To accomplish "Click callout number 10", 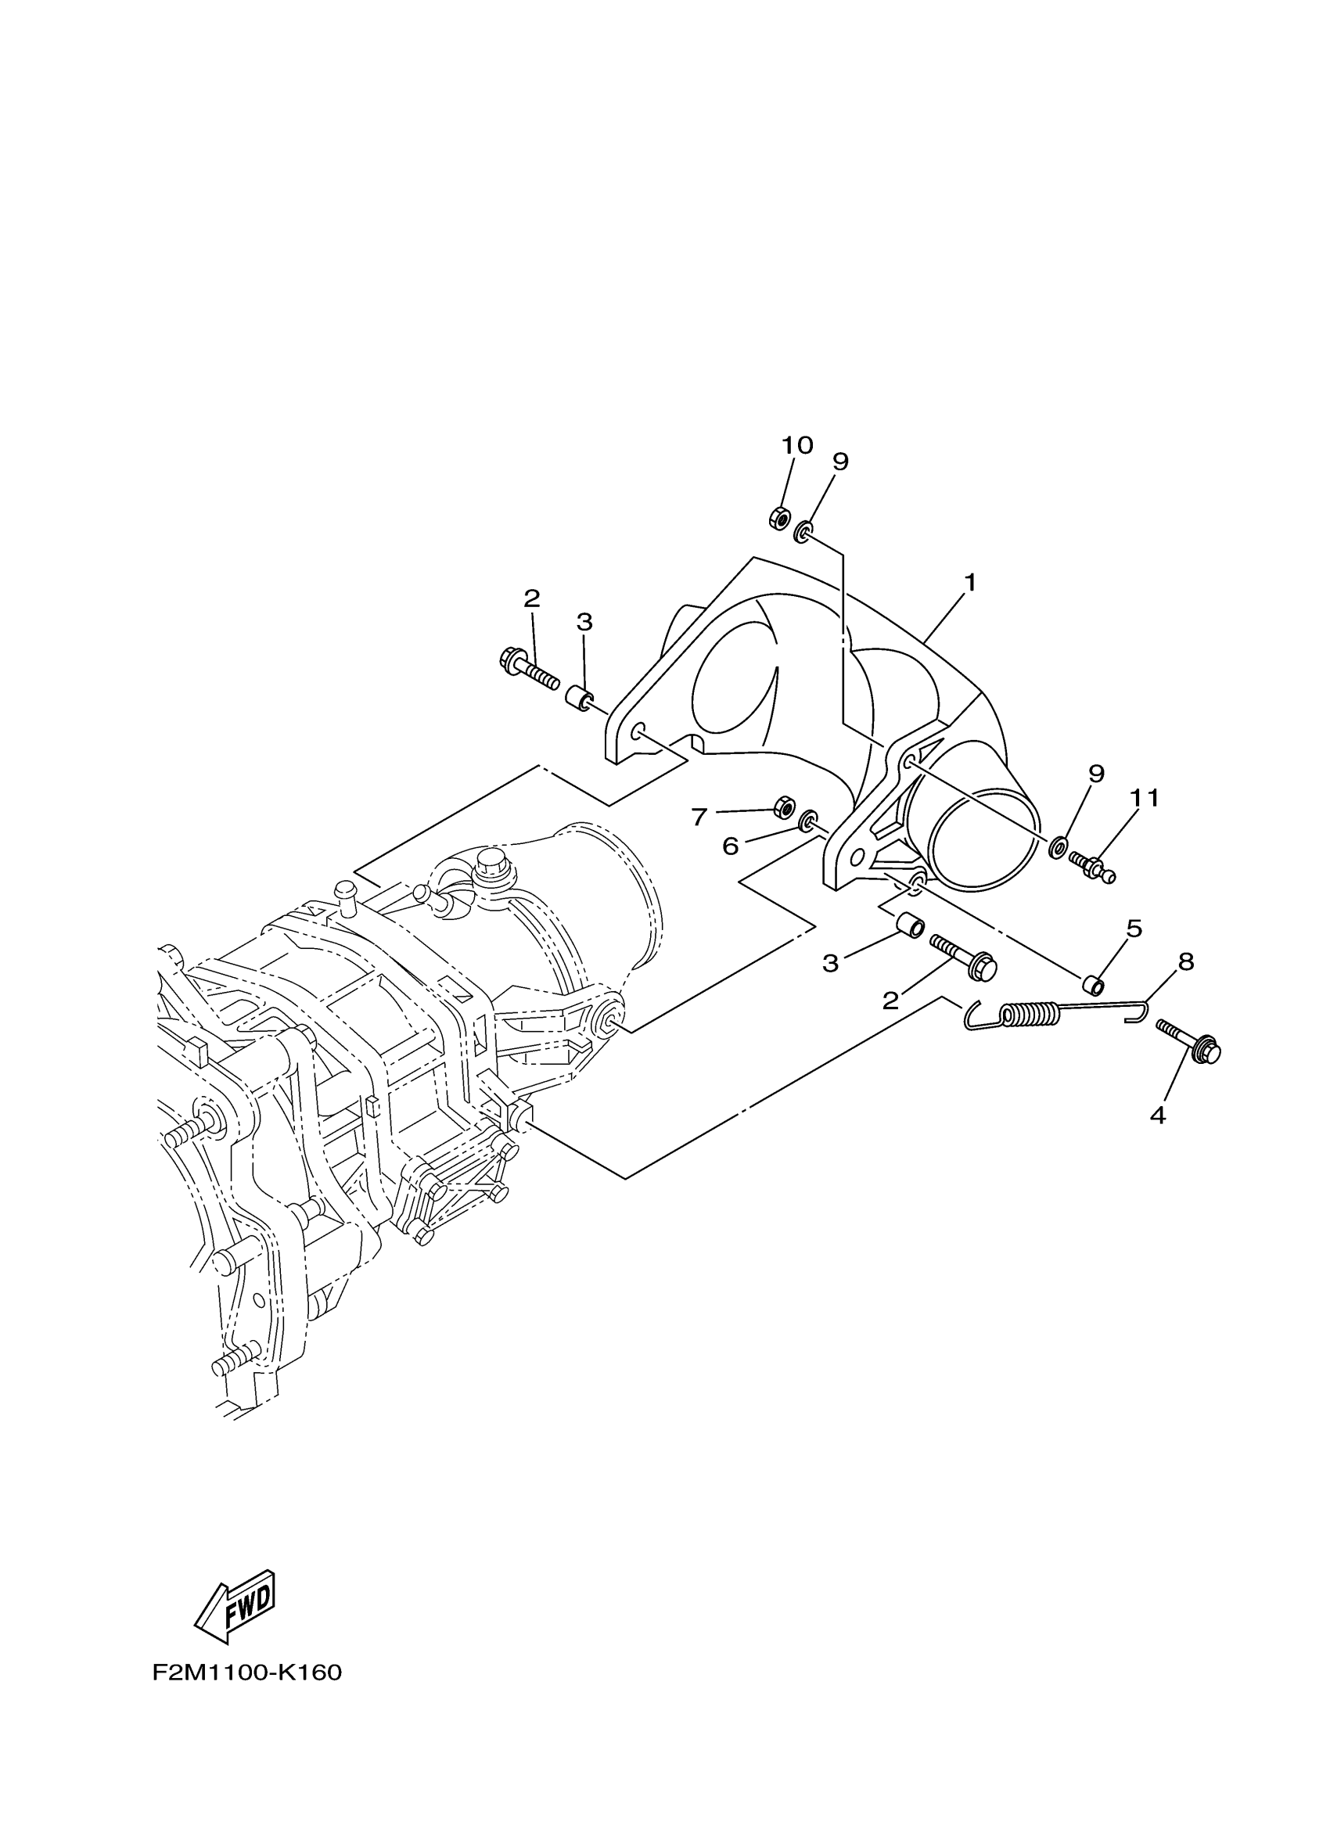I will [796, 446].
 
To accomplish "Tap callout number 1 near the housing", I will [969, 582].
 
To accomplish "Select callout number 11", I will [1145, 798].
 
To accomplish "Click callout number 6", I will [730, 846].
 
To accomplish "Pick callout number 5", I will [1134, 929].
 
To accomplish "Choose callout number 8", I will [1186, 961].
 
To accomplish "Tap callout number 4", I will [1158, 1116].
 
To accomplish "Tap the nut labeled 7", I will [784, 807].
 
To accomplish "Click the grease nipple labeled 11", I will [1093, 864].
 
